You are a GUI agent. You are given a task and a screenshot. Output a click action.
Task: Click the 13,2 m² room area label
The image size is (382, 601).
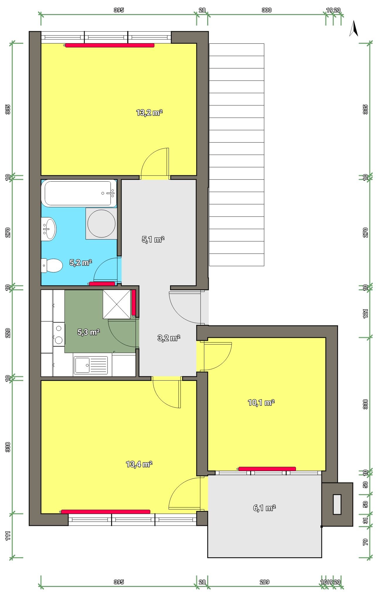pyautogui.click(x=149, y=113)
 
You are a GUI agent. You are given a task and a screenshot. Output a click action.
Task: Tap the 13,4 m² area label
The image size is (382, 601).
pyautogui.click(x=139, y=464)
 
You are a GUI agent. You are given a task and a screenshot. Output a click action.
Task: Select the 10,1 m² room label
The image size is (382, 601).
pyautogui.click(x=261, y=403)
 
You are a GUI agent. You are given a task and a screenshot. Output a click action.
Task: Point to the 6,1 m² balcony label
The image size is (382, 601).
pyautogui.click(x=264, y=508)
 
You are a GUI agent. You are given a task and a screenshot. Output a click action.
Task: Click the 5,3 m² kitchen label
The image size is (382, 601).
pyautogui.click(x=89, y=332)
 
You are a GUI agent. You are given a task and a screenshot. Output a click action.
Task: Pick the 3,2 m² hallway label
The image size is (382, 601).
pyautogui.click(x=169, y=338)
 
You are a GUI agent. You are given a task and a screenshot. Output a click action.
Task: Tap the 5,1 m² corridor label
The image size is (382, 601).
pyautogui.click(x=153, y=239)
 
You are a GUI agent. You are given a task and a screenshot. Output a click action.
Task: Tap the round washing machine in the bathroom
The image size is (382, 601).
pyautogui.click(x=101, y=223)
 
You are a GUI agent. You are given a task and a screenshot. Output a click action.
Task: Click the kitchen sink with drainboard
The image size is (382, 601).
pyautogui.click(x=91, y=365)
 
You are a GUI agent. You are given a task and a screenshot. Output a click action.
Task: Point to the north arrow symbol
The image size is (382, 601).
pyautogui.click(x=354, y=28)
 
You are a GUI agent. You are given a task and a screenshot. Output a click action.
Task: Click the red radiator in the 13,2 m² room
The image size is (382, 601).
pyautogui.click(x=110, y=45)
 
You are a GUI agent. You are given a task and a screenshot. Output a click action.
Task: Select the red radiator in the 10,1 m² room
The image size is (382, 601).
pyautogui.click(x=267, y=469)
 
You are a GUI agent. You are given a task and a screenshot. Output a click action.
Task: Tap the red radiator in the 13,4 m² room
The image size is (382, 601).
pyautogui.click(x=106, y=512)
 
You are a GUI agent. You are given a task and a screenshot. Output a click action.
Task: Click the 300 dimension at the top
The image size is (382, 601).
pyautogui.click(x=266, y=10)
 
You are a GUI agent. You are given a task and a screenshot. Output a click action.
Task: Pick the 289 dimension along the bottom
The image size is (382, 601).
pyautogui.click(x=264, y=582)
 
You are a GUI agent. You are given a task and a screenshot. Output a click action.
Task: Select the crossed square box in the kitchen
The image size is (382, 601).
pyautogui.click(x=117, y=304)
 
